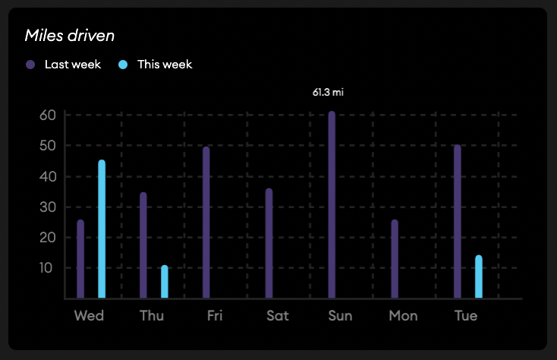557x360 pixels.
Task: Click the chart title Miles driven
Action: click(70, 35)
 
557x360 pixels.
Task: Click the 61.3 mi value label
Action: click(329, 93)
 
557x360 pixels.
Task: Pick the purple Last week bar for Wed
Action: click(80, 259)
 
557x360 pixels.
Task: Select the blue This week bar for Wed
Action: click(102, 229)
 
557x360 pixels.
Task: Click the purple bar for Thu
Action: click(143, 245)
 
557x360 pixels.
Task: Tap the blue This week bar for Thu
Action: click(164, 282)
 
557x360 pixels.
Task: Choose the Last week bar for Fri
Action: click(206, 223)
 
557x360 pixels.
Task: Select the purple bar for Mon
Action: click(395, 259)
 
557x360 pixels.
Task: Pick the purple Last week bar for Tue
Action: click(457, 222)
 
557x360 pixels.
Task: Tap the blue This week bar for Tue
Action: click(478, 276)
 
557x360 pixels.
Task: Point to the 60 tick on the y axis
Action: click(49, 115)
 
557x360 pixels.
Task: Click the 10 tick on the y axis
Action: click(49, 268)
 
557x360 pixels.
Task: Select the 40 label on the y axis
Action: click(49, 176)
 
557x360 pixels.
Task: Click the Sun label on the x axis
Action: click(340, 315)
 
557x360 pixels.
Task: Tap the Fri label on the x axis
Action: click(215, 315)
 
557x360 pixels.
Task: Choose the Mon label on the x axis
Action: click(403, 315)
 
